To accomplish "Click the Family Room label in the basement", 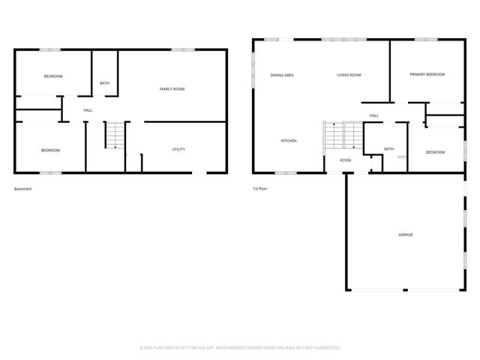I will (172, 89).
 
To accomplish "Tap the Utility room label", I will (178, 149).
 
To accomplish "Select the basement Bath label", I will (104, 83).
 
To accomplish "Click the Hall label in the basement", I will (88, 110).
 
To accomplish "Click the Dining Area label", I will (281, 75).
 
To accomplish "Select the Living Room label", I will (349, 75).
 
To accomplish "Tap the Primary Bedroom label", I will (427, 74).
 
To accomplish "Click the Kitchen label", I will (289, 141).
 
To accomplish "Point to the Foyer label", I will (345, 160).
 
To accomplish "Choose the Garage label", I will (405, 235).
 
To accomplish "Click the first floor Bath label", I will (388, 148).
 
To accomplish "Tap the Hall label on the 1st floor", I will (373, 115).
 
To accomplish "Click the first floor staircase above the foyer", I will (343, 136).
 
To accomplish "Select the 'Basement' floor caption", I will (23, 189).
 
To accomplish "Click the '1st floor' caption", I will (260, 189).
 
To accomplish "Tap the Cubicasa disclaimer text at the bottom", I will (240, 348).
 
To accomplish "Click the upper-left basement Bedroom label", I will (52, 76).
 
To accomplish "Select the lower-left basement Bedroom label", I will (50, 150).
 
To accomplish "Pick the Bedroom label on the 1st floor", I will (435, 152).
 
